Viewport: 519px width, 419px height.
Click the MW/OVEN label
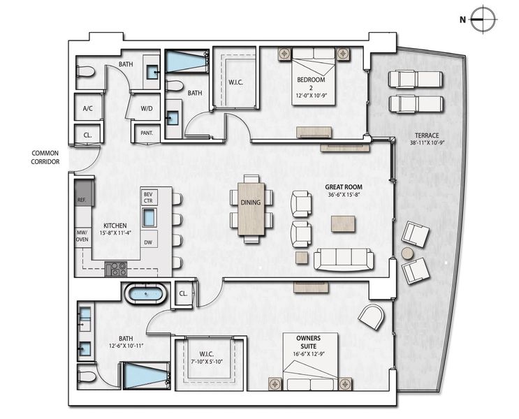[82, 237]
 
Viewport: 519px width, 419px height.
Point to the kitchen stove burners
[116, 268]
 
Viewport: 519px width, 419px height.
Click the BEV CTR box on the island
[148, 197]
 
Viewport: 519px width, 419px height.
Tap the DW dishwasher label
[148, 242]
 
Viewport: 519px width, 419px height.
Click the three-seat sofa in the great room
[343, 258]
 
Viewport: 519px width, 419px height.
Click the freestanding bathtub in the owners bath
[145, 294]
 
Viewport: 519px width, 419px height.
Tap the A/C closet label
[88, 109]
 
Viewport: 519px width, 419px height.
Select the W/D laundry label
[147, 109]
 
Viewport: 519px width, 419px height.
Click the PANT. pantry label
[147, 133]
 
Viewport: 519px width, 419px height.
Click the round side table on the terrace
[407, 253]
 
